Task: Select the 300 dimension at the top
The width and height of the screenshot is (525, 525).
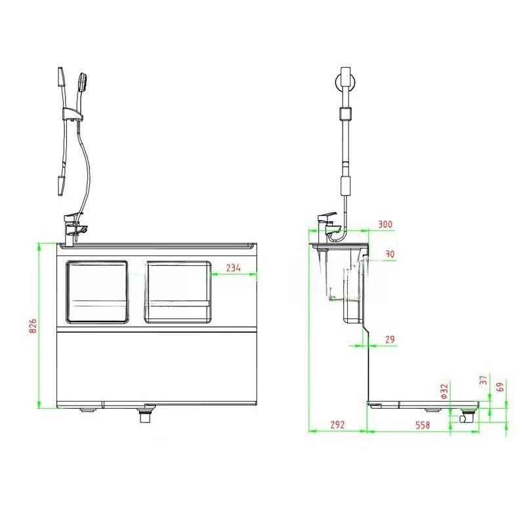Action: pos(385,224)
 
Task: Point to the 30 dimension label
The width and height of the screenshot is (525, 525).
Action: pos(390,254)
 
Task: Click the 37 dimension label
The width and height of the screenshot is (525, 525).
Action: pos(484,381)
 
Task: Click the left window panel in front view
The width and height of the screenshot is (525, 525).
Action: pos(97,292)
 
